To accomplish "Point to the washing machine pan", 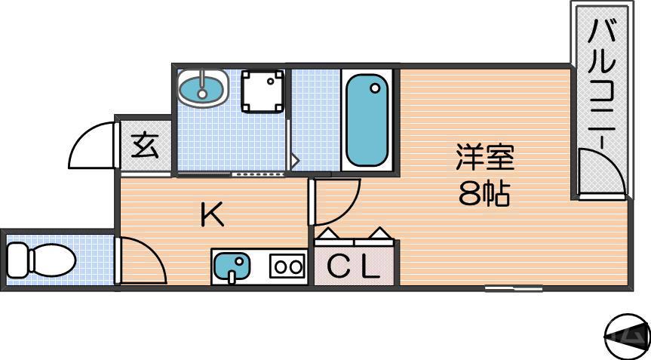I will click(x=263, y=91).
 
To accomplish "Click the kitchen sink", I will click(x=232, y=266).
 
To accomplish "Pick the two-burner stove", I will click(x=287, y=266).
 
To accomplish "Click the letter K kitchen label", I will click(x=212, y=217).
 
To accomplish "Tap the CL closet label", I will click(x=353, y=267).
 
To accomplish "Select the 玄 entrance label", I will click(x=146, y=145).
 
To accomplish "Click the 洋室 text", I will click(x=484, y=159).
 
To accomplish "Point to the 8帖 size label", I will click(x=484, y=195).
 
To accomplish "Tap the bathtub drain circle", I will click(x=375, y=88).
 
